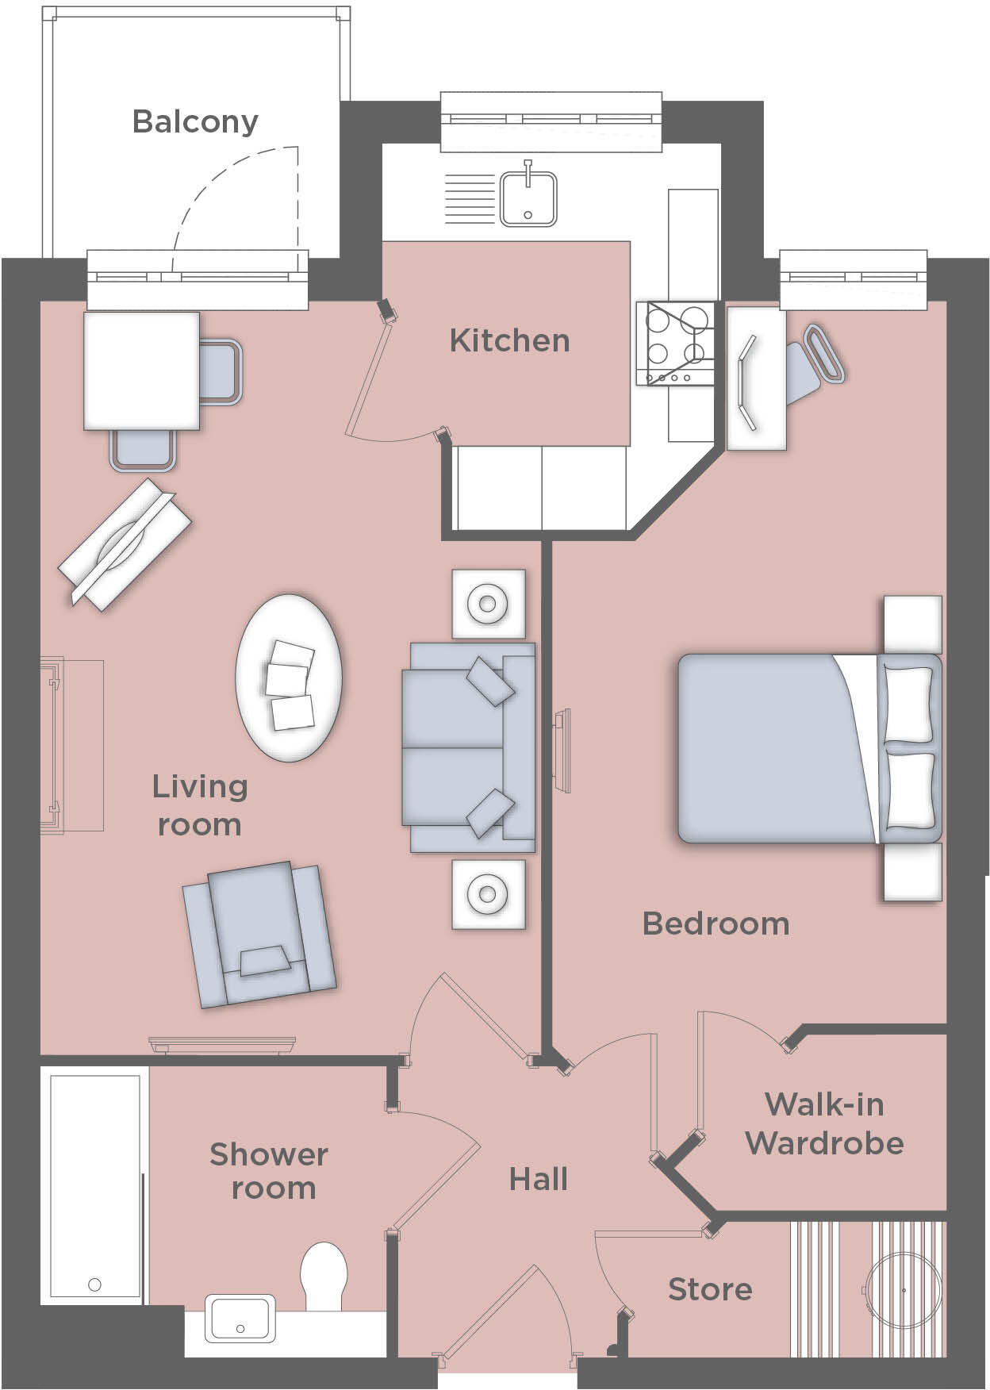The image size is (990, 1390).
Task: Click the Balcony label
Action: pos(195,121)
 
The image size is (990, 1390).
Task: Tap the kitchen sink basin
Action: pos(528,199)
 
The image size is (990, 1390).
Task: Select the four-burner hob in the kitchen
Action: pos(675,343)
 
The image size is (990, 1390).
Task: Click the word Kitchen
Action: pos(509,340)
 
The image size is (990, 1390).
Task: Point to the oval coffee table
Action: pos(290,678)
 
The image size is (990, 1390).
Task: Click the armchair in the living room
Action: pos(259,934)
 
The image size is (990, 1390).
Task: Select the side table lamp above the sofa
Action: pos(488,604)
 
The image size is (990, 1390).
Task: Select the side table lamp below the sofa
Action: pos(488,894)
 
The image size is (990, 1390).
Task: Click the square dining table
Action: pos(141,370)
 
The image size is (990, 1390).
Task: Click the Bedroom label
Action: pos(716,923)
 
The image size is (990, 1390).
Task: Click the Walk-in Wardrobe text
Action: pos(824,1123)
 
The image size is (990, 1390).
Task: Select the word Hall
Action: pos(539,1179)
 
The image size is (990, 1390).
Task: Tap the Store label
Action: pos(710,1289)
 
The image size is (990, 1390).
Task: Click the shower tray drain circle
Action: pos(95,1284)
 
